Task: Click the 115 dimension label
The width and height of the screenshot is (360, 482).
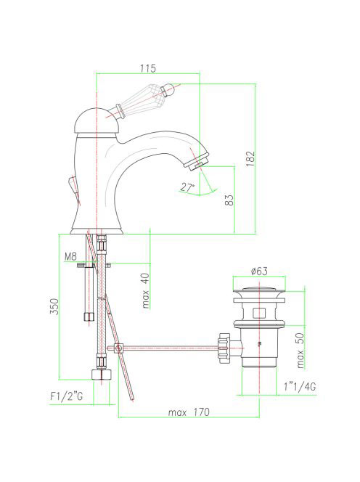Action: coord(148,68)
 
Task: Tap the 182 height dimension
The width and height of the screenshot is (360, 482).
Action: coord(251,159)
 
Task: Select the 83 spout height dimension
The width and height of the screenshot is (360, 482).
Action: coord(229,200)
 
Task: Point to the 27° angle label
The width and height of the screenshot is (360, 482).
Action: coord(187,187)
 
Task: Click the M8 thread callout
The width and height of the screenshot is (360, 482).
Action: coord(70,256)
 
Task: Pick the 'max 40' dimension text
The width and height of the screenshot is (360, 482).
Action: coord(146,291)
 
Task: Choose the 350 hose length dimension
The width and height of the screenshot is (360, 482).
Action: coord(54,306)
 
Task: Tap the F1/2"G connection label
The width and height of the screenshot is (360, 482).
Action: coord(67,396)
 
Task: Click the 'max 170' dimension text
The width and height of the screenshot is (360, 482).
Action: coord(189,412)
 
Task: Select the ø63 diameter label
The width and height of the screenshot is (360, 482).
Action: coord(259,271)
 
